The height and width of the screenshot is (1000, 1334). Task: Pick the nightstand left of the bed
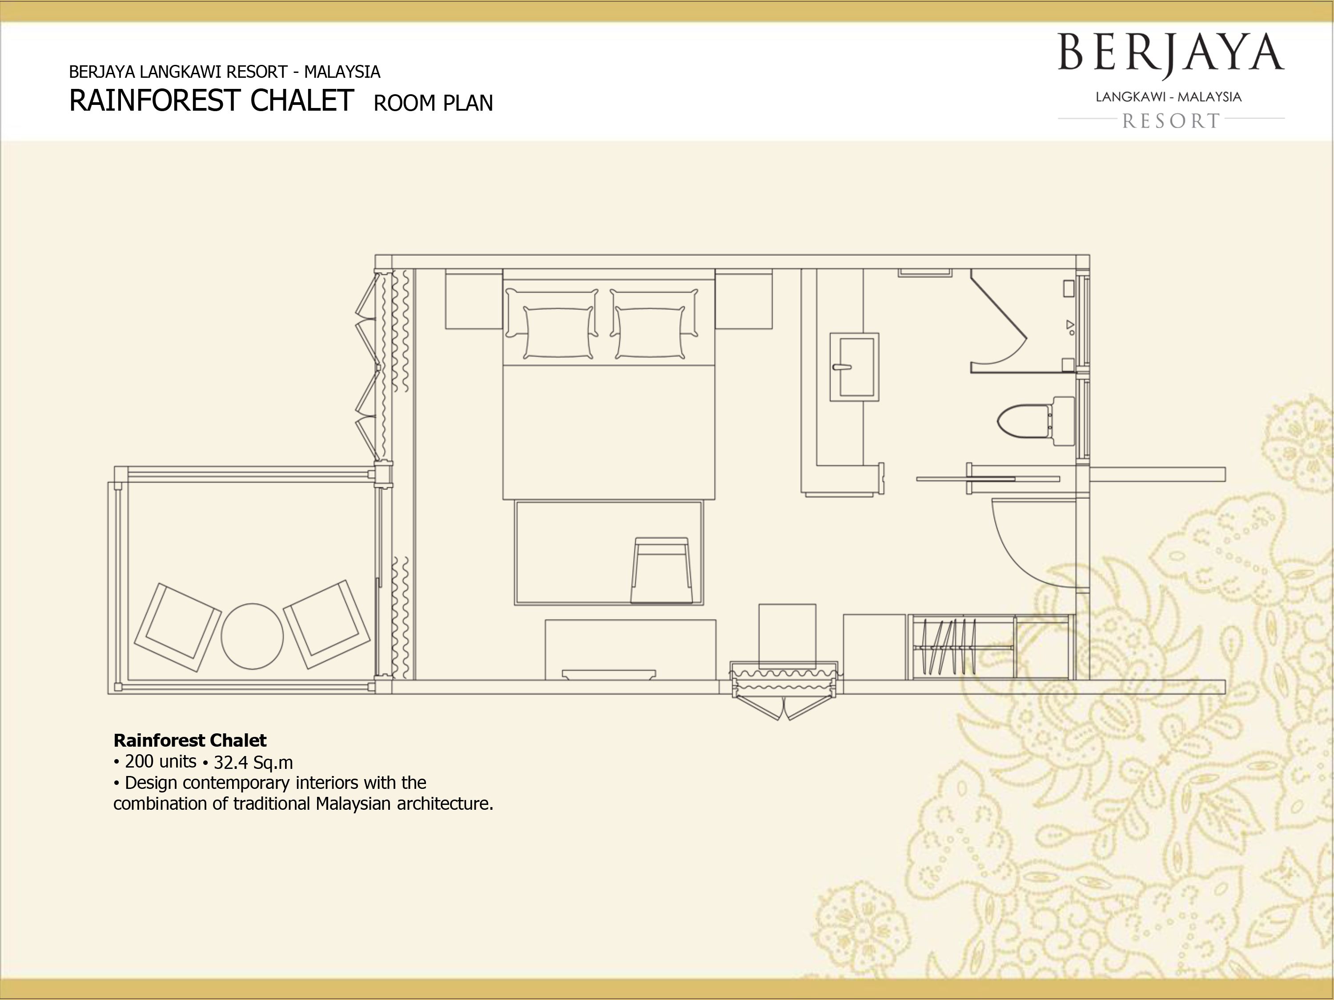click(x=474, y=299)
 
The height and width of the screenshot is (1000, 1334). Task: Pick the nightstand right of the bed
click(x=743, y=299)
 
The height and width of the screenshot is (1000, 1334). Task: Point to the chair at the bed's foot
click(x=662, y=570)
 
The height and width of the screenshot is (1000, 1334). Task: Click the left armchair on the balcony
click(x=177, y=627)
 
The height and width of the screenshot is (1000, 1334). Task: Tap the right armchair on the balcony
click(x=326, y=624)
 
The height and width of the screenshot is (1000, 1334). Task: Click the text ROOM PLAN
click(x=433, y=104)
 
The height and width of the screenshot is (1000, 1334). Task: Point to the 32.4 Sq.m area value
click(x=253, y=763)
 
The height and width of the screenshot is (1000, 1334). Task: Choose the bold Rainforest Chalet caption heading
click(x=190, y=740)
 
